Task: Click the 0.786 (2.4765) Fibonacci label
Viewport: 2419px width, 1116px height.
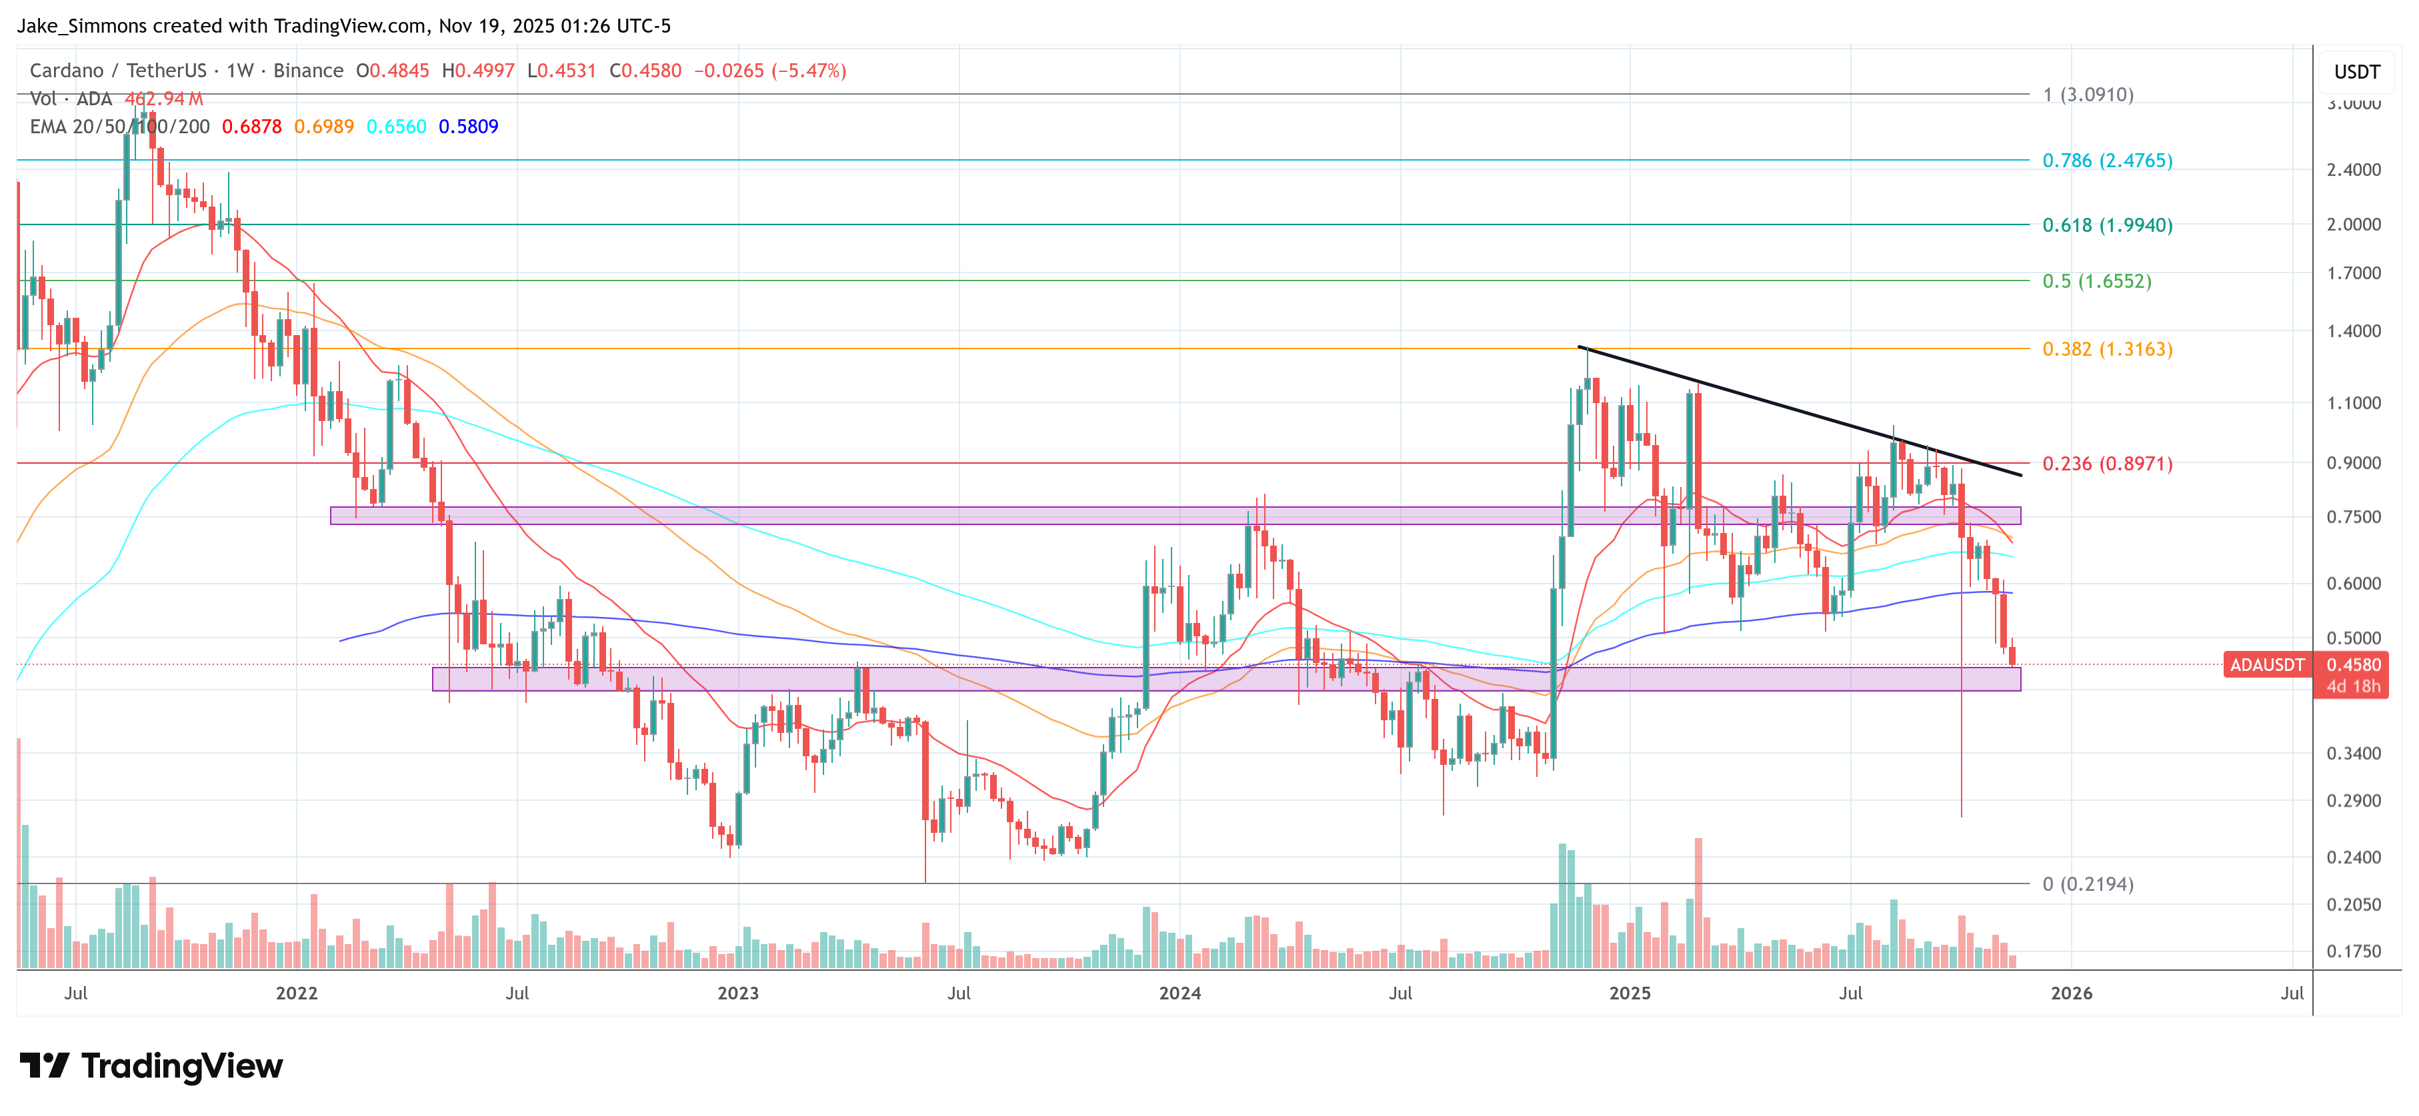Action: pos(2106,161)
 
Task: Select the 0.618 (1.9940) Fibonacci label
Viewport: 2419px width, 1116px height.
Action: pos(2106,225)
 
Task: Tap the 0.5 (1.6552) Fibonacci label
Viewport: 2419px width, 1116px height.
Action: pos(2096,282)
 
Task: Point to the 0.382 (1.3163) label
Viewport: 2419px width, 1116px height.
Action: pos(2106,349)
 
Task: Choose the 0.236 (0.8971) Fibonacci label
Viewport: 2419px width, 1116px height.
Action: pos(2106,464)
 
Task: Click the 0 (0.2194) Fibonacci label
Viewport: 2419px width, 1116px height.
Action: pos(2088,884)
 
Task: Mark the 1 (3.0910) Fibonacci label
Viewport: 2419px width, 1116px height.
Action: pos(2088,95)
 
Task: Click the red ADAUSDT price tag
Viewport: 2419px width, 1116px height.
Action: pos(2266,664)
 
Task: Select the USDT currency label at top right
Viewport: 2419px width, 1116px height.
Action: pos(2356,72)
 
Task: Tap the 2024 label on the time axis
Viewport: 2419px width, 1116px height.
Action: pos(1179,993)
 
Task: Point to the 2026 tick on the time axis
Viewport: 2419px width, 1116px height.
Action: pos(2070,993)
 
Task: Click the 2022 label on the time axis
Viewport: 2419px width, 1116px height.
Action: pos(297,993)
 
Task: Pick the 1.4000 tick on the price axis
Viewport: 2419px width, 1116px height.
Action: pos(2353,331)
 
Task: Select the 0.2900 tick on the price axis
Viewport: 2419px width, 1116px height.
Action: pos(2353,801)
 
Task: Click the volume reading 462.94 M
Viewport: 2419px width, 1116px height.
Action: pos(163,99)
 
